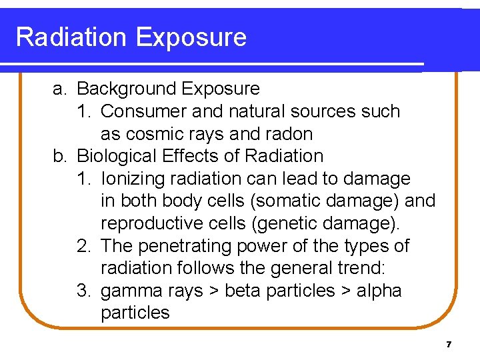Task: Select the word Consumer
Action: [144, 111]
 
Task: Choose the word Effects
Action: [193, 157]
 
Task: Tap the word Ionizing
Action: [134, 179]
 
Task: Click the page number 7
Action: [449, 345]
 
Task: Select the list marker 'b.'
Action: [61, 157]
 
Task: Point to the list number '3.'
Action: [84, 291]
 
